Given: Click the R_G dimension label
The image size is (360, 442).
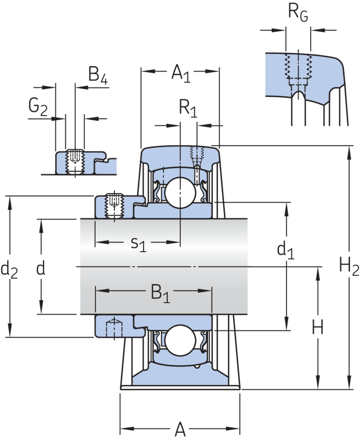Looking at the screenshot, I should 298,12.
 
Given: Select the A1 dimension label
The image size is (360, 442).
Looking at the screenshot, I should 180,73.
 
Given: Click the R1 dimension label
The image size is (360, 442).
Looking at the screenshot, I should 188,108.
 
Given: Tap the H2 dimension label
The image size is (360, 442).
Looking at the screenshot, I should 349,269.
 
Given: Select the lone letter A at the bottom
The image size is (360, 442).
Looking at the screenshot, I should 180,430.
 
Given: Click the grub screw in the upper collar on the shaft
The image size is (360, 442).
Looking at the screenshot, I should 114,204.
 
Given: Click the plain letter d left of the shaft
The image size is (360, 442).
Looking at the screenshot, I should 41,269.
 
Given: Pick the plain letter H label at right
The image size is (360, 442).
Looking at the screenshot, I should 318,329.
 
